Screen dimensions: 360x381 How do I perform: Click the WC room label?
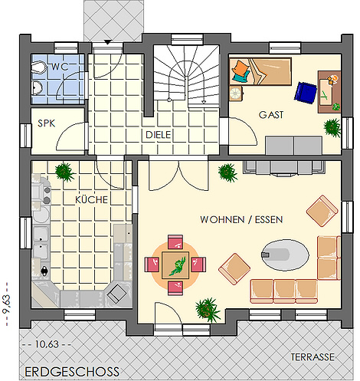click(x=60, y=67)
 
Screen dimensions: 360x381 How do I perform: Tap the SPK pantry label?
click(x=46, y=123)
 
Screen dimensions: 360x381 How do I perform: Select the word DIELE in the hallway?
click(x=158, y=135)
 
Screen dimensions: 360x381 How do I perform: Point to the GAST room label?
click(x=271, y=115)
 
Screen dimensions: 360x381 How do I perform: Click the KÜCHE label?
click(x=91, y=199)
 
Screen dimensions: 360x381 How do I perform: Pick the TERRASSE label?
click(x=313, y=357)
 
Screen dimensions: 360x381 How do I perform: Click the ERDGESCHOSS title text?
click(x=72, y=372)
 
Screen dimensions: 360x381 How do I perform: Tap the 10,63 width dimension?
click(x=47, y=344)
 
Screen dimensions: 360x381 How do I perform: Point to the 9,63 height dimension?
click(x=6, y=304)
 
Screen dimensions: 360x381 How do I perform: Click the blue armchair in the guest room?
click(x=306, y=93)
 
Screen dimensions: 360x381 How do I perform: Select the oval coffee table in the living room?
click(x=285, y=255)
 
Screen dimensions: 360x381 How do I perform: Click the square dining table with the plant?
click(x=175, y=265)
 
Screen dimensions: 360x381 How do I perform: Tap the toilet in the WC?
click(x=38, y=67)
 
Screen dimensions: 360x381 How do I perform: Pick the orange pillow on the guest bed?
click(x=241, y=67)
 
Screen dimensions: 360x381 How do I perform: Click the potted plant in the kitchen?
click(x=64, y=172)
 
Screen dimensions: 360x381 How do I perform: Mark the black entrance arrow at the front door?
click(x=107, y=42)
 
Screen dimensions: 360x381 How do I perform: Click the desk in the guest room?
click(x=329, y=92)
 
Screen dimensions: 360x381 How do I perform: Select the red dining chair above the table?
click(x=175, y=241)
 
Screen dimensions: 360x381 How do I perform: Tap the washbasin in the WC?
click(x=38, y=88)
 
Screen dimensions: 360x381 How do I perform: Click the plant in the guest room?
click(x=332, y=128)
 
